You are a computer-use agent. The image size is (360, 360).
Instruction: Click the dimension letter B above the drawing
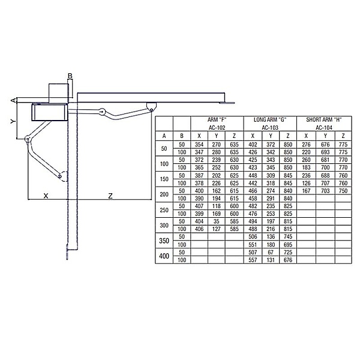click(x=70, y=76)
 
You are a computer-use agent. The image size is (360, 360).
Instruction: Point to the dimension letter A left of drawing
click(x=14, y=100)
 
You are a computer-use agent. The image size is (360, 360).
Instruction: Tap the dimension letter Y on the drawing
click(x=13, y=121)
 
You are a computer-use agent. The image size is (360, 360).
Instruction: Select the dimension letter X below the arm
click(x=46, y=196)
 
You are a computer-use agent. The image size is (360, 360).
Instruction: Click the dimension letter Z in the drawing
click(x=110, y=196)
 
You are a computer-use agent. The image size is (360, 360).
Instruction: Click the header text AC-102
click(x=217, y=127)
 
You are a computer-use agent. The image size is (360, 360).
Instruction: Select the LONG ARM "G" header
click(x=270, y=119)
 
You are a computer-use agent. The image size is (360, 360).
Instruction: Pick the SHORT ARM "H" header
click(x=324, y=119)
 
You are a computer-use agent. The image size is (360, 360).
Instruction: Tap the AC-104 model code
click(x=324, y=127)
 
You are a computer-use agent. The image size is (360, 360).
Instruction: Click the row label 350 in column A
click(x=164, y=241)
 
